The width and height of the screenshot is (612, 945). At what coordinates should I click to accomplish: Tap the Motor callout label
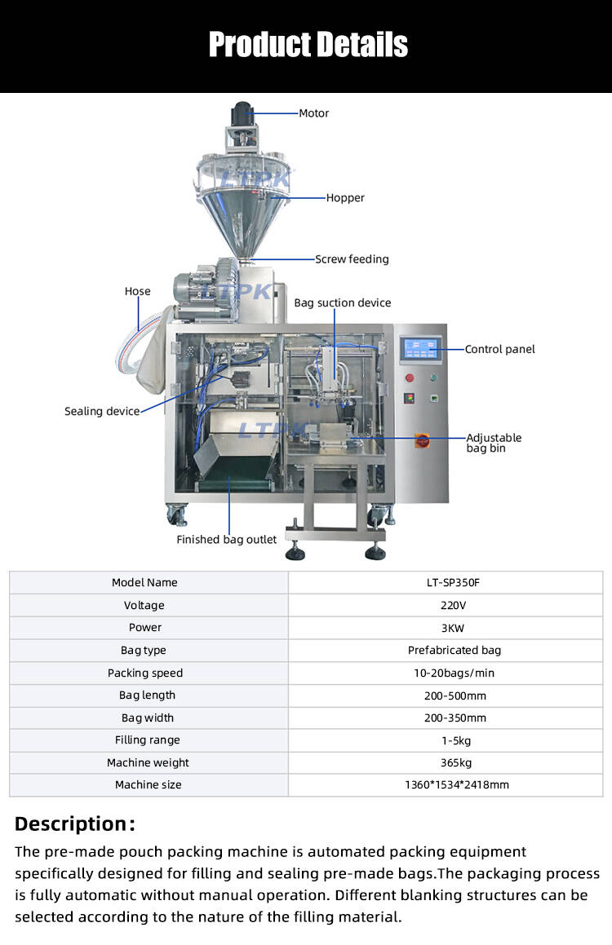313,113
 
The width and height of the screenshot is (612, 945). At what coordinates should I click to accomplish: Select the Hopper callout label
345,197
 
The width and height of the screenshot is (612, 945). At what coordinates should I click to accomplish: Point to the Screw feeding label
352,259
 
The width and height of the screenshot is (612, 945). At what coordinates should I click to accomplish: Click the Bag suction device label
343,302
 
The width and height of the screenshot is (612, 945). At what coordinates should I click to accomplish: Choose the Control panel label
499,349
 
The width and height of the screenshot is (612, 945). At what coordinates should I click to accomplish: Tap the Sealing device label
102,411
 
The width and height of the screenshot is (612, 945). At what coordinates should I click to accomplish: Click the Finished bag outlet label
227,539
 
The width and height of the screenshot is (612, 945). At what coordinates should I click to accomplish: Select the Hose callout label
137,291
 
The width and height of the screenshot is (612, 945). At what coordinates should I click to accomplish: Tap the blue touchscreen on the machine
421,349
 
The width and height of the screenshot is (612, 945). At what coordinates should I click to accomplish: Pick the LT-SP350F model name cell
446,582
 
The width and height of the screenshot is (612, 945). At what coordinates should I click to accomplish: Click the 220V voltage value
446,605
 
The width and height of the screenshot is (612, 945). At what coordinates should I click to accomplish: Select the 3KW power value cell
446,627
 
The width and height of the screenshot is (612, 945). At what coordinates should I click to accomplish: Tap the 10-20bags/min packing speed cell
446,673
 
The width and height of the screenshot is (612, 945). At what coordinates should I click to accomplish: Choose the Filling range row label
147,740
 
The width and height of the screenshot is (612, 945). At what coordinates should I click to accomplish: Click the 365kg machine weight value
446,762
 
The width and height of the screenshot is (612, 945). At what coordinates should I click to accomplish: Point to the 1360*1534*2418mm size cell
446,784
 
